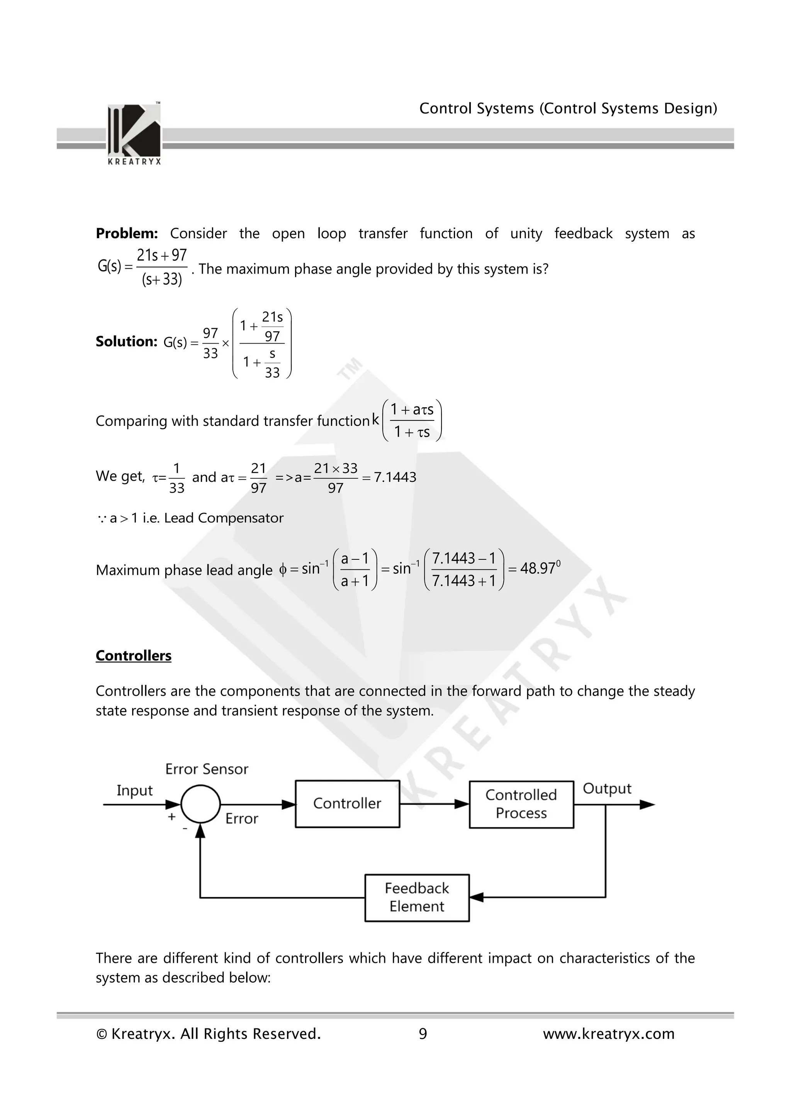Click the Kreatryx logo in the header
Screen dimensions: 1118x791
tap(134, 132)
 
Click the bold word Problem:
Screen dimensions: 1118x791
tap(127, 234)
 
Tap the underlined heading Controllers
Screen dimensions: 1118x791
tap(134, 656)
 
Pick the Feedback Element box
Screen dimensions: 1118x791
tap(417, 898)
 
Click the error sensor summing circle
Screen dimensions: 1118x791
tap(200, 805)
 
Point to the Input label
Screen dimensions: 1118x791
tap(134, 790)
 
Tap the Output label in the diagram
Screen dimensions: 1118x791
tap(607, 788)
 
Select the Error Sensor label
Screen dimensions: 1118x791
tap(207, 769)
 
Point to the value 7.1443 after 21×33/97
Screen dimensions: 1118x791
tap(395, 477)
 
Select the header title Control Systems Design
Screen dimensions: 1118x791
tap(568, 108)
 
